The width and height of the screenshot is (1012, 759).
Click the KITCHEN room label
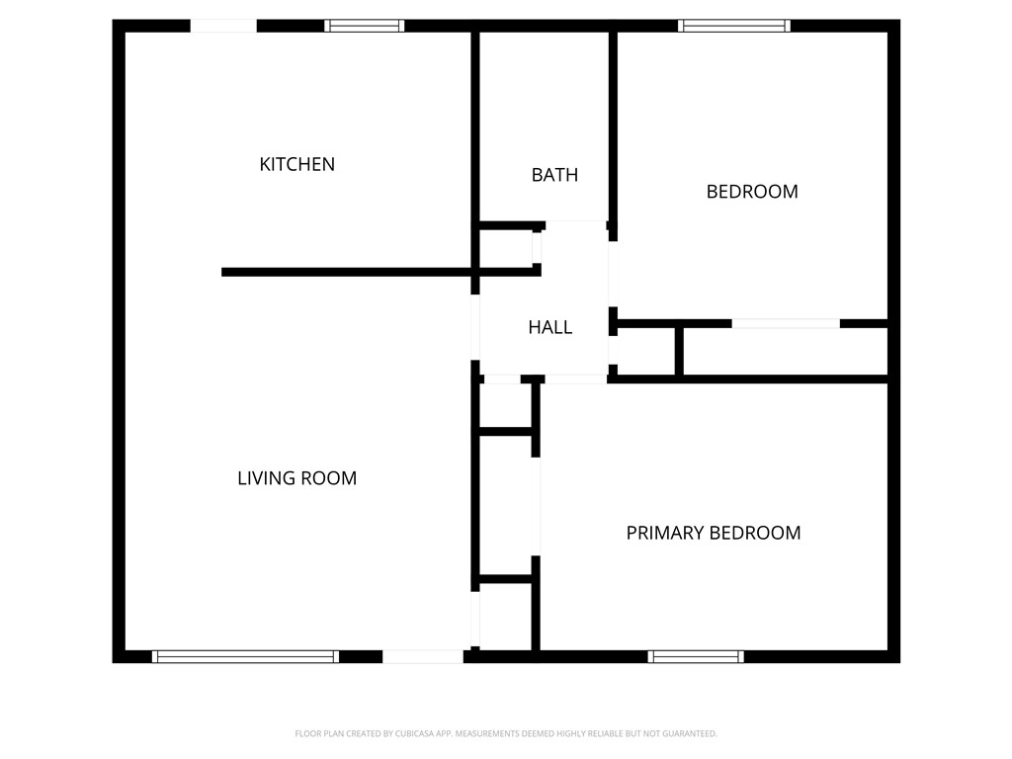click(296, 164)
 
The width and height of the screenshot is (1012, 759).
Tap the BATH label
click(554, 175)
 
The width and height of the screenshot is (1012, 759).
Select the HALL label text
click(549, 327)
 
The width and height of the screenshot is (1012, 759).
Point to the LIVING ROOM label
click(296, 478)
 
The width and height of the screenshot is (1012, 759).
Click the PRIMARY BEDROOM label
click(713, 533)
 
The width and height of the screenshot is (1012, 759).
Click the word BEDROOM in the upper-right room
click(751, 192)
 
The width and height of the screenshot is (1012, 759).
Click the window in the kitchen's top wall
click(365, 26)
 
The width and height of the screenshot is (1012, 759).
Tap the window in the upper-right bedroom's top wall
click(733, 26)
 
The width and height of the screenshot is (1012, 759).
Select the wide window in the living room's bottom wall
click(245, 656)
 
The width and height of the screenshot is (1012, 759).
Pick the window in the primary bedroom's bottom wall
click(696, 656)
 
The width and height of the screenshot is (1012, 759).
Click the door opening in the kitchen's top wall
click(223, 26)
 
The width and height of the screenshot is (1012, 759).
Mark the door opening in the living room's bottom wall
click(422, 656)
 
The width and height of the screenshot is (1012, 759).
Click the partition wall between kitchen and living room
click(346, 272)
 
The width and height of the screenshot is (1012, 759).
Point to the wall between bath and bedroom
click(613, 128)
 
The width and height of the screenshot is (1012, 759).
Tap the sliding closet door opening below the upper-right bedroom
click(786, 323)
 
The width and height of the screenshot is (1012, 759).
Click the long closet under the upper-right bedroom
click(786, 351)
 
